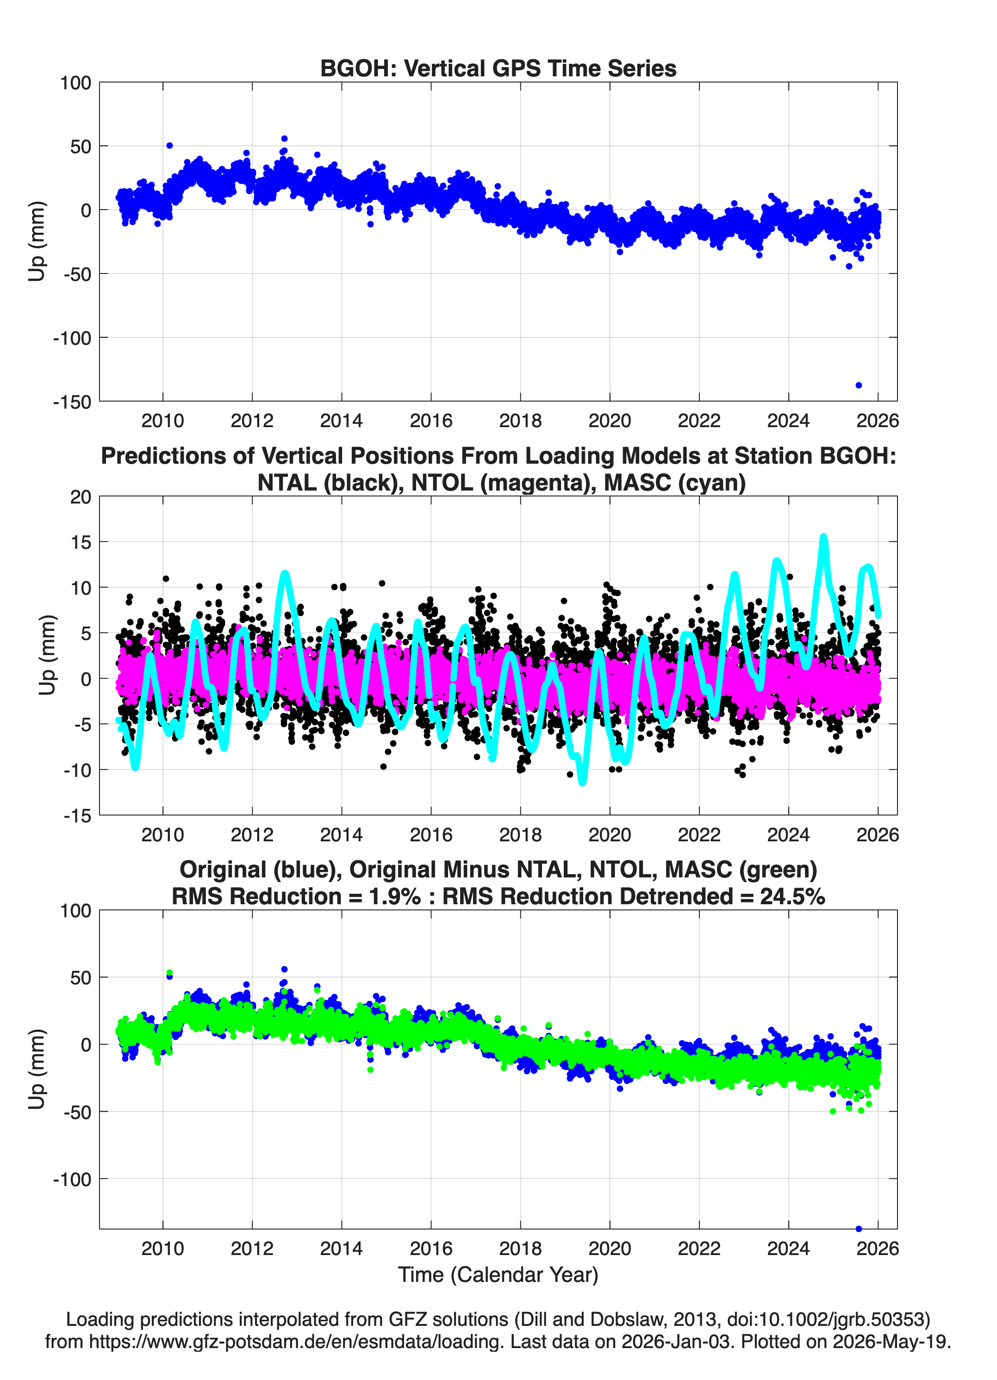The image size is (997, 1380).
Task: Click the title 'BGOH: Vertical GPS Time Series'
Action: click(498, 68)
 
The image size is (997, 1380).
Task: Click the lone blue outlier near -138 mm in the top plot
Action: click(858, 385)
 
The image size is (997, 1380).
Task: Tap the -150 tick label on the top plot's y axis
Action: click(72, 402)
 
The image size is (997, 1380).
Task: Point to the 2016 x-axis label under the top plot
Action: click(431, 421)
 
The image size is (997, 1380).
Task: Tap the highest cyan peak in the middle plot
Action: click(823, 537)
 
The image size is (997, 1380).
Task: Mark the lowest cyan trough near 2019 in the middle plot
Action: click(582, 782)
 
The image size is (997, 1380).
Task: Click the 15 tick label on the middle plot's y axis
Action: click(81, 541)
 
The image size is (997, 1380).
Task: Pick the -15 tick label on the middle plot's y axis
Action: click(77, 815)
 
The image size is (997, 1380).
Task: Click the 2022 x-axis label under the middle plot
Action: click(699, 834)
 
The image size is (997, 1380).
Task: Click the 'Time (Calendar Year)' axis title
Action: click(498, 1275)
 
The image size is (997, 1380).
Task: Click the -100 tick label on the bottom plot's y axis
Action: click(72, 1179)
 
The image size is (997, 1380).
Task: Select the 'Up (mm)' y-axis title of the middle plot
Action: click(48, 655)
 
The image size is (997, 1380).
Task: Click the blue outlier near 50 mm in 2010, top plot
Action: click(169, 145)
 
